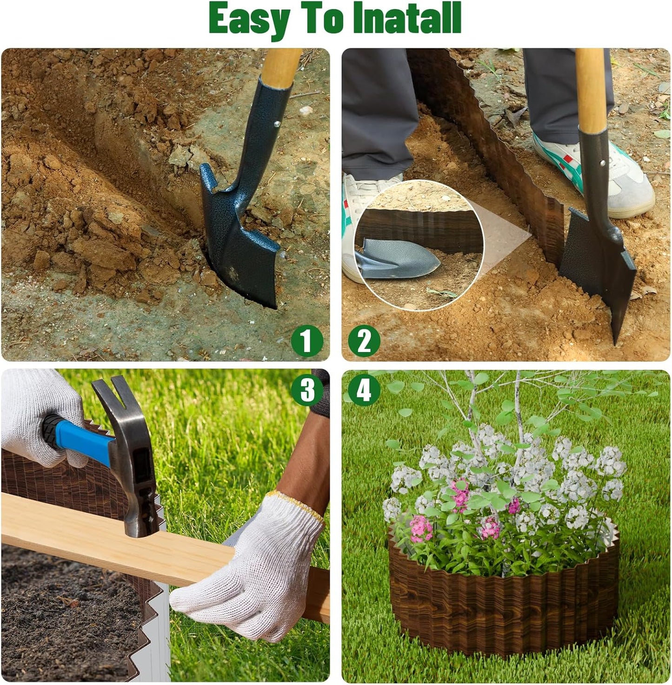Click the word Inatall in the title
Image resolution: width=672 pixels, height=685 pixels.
tap(406, 19)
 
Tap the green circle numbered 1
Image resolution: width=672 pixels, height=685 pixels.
tap(306, 340)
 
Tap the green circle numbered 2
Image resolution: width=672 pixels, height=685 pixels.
tap(364, 340)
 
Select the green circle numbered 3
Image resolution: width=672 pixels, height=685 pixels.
tap(306, 389)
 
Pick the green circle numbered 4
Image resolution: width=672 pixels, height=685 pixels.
tap(364, 389)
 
